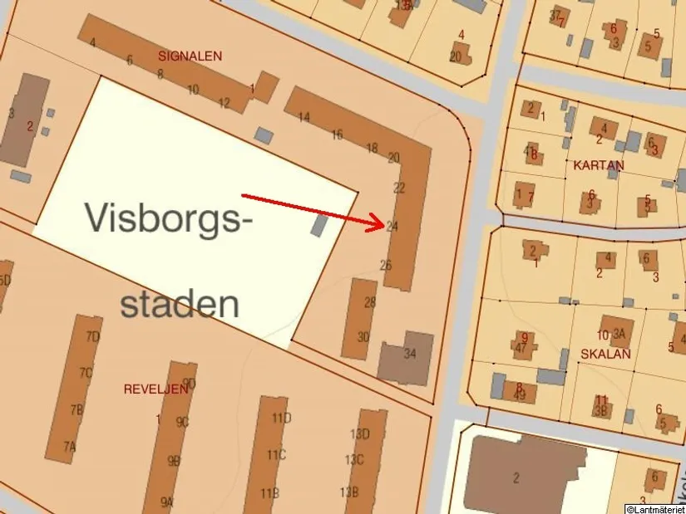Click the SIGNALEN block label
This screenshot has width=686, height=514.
point(190,56)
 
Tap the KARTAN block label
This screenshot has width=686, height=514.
point(598,165)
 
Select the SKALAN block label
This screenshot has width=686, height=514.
point(606,354)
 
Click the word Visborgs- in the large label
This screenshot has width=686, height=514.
point(168,218)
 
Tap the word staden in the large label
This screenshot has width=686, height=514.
point(180,304)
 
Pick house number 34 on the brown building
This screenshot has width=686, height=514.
point(409,354)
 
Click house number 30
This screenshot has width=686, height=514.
point(363,336)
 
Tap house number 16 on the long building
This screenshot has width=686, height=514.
point(337,135)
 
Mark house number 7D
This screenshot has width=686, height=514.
point(93,336)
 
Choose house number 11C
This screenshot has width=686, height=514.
point(276,455)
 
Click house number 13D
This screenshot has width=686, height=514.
point(359,434)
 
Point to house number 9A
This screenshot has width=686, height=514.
point(167,502)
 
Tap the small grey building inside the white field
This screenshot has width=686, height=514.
point(319,224)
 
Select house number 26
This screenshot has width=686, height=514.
point(385,266)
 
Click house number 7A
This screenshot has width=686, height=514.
point(70,447)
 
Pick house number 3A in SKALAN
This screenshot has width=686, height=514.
point(619,335)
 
